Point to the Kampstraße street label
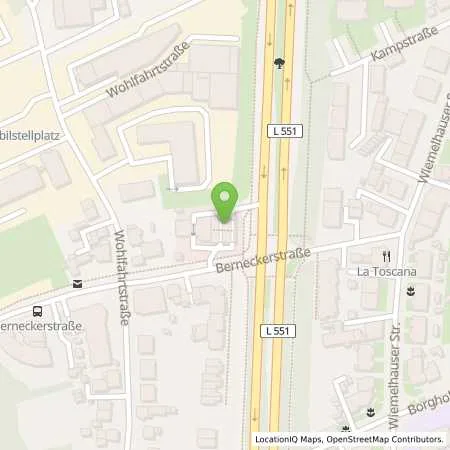(x=399, y=41)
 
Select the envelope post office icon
(x=77, y=284)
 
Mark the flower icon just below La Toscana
(x=410, y=292)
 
